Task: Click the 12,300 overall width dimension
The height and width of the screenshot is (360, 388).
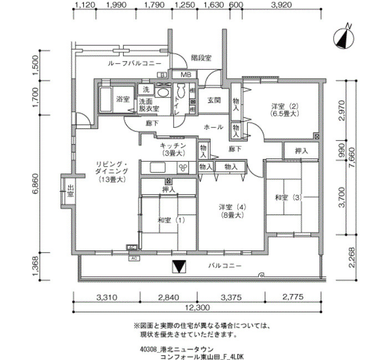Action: (x=197, y=308)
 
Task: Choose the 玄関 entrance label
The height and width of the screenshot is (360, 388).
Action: (x=214, y=100)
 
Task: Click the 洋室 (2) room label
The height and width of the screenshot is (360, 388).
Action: (x=284, y=110)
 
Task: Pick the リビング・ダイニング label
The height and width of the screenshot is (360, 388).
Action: (x=111, y=172)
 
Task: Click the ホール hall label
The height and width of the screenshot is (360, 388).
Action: (x=213, y=127)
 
